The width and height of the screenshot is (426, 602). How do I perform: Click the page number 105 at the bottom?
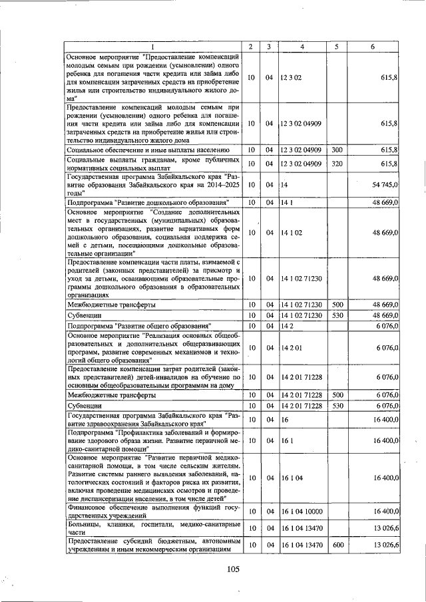click(232, 569)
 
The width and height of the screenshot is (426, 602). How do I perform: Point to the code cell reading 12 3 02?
click(292, 78)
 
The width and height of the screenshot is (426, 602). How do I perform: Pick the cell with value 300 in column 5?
click(337, 151)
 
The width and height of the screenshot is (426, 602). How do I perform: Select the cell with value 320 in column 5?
click(337, 164)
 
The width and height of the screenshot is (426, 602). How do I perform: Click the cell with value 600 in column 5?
click(337, 545)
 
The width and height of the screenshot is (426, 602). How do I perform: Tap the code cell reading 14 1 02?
click(292, 233)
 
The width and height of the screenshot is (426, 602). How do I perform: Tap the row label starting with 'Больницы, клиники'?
click(152, 528)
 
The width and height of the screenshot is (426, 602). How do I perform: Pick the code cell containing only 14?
click(284, 184)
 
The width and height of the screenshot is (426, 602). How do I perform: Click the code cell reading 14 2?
click(287, 326)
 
